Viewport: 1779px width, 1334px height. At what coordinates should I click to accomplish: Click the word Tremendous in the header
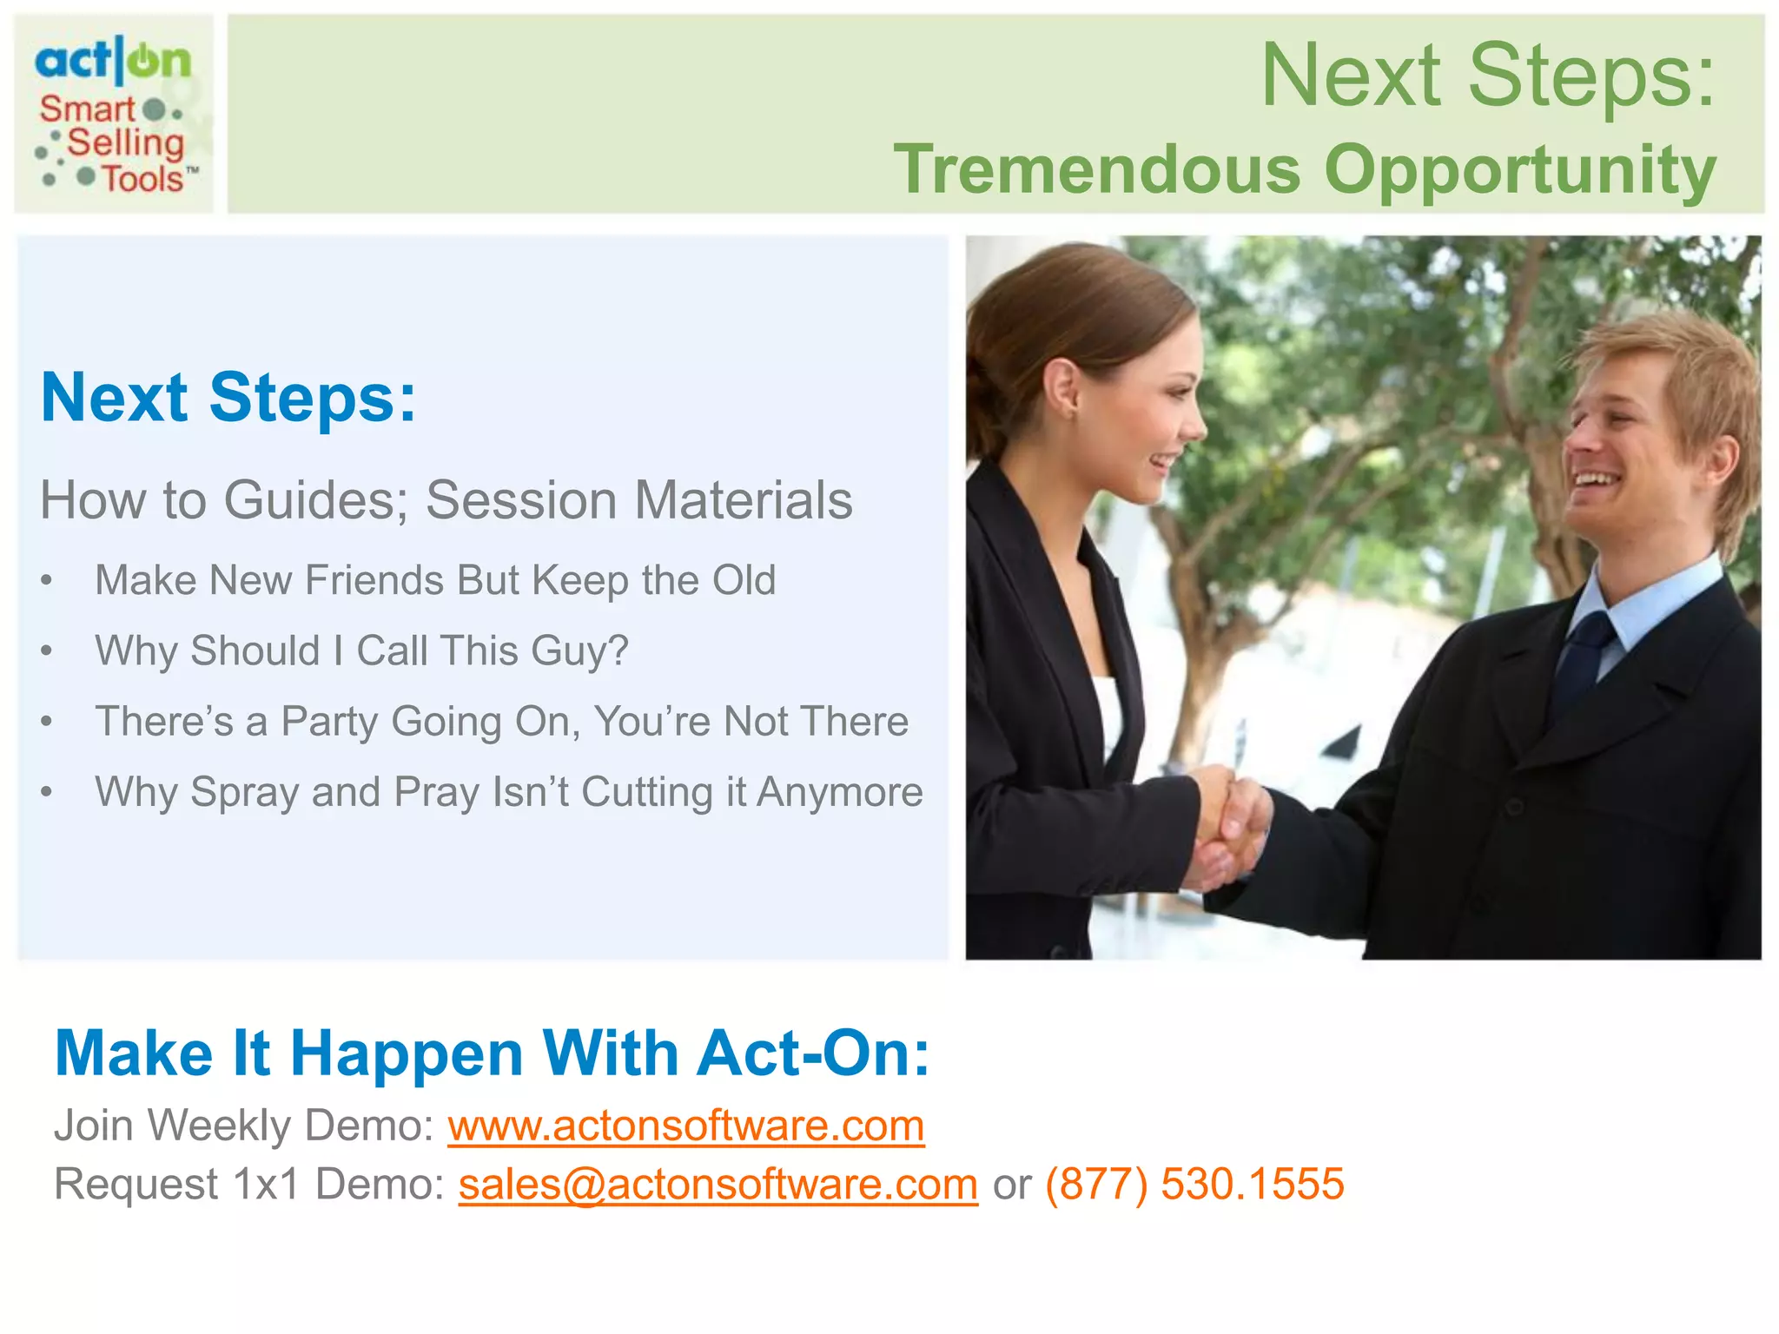pyautogui.click(x=1097, y=169)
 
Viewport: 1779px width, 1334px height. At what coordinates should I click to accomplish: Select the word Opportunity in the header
pyautogui.click(x=1520, y=171)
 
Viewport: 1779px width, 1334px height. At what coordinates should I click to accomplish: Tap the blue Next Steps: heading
pyautogui.click(x=228, y=398)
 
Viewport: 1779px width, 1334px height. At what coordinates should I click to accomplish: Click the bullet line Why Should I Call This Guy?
pyautogui.click(x=361, y=650)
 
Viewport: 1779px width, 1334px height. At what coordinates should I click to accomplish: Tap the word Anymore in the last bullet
pyautogui.click(x=839, y=792)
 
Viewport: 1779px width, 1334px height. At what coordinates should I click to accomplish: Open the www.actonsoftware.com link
pyautogui.click(x=685, y=1126)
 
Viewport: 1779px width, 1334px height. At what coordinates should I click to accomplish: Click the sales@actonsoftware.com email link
pyautogui.click(x=718, y=1185)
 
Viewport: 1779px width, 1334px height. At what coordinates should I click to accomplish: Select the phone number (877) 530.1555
pyautogui.click(x=1194, y=1185)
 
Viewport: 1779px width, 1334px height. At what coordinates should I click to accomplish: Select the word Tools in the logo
pyautogui.click(x=143, y=179)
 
